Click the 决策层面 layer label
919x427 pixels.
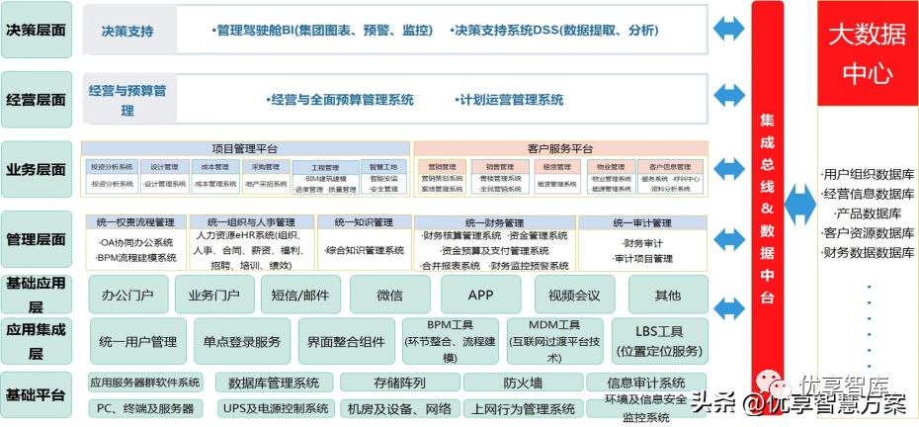(37, 30)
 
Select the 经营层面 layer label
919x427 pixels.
(37, 100)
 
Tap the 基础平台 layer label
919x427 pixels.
(37, 395)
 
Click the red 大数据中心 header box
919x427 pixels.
(866, 55)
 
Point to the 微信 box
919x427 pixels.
(389, 295)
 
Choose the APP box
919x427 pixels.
(479, 295)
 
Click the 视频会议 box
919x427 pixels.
(574, 295)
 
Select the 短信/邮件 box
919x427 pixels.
(300, 295)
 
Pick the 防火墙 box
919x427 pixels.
(521, 383)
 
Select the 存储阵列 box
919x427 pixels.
(398, 383)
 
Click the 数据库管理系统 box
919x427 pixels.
(274, 383)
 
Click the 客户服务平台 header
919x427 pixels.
(559, 148)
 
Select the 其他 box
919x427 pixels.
(668, 295)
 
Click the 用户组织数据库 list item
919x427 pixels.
(868, 175)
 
